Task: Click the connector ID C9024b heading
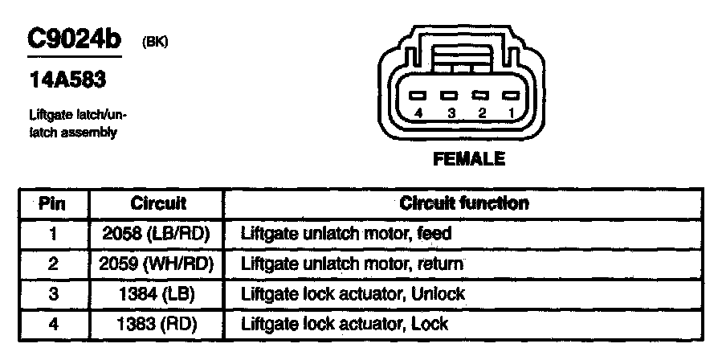click(x=73, y=40)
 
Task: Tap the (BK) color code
click(x=155, y=42)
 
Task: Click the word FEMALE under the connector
click(x=469, y=159)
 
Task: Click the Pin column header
click(x=53, y=203)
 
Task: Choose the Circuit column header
click(x=158, y=203)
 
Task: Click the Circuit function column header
click(x=464, y=203)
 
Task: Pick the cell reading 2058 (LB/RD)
click(x=157, y=234)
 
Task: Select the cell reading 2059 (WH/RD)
click(x=157, y=264)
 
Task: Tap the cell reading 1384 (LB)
click(x=157, y=294)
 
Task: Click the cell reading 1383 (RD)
click(x=157, y=324)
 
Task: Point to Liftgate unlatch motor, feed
click(x=347, y=234)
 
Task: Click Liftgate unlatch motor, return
click(x=353, y=264)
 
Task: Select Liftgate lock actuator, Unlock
click(x=353, y=294)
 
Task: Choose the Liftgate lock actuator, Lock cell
click(x=345, y=324)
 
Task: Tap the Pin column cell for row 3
click(x=53, y=294)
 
